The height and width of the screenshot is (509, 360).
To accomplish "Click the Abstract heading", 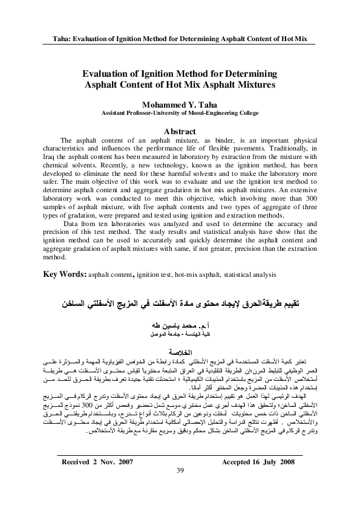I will point(180,131).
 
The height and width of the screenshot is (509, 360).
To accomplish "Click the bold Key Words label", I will point(66,273).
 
